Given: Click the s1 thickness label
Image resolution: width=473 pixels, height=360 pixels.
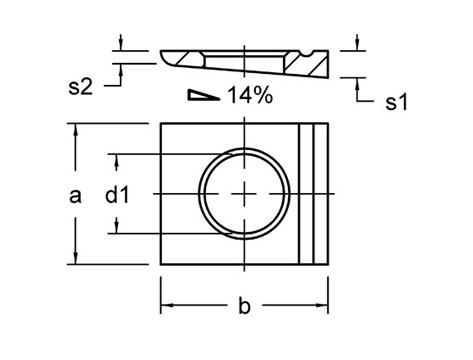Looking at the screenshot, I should point(397,102).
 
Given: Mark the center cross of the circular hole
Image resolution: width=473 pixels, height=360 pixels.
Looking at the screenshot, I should point(245,193).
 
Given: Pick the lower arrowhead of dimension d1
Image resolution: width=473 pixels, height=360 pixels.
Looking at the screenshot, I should point(118,227).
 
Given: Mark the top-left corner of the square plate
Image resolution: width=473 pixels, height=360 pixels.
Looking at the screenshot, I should point(161,123).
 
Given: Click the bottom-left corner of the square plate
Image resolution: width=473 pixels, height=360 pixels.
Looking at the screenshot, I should point(161,265).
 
